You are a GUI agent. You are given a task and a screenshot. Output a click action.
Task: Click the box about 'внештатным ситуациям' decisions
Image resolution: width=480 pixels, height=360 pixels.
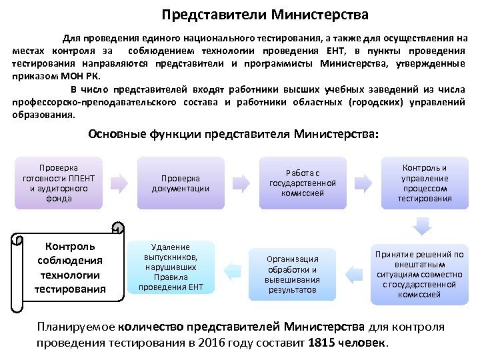point(418,274)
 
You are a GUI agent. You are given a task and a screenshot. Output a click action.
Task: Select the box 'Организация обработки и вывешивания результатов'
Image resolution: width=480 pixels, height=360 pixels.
point(293,274)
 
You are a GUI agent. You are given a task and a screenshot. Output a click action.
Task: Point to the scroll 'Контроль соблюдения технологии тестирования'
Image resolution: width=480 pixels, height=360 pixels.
point(70,267)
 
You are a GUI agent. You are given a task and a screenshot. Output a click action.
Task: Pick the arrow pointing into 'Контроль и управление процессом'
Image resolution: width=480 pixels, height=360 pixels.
point(364,181)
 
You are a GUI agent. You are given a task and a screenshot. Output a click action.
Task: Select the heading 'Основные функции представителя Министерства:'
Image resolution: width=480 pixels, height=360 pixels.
point(233,134)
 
